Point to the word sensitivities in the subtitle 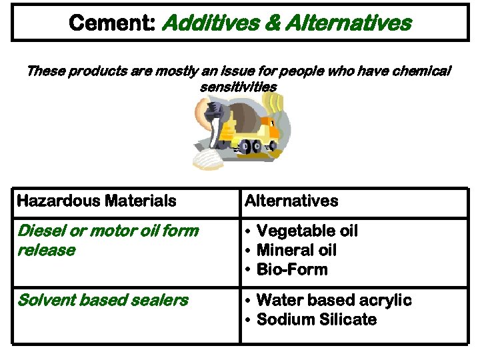(238, 87)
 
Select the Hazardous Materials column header (97, 201)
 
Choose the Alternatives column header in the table (292, 201)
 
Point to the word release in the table (46, 251)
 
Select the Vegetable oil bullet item (307, 231)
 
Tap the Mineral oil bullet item (296, 251)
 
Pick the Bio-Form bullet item (292, 270)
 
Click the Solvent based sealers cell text (103, 300)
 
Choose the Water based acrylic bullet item (333, 300)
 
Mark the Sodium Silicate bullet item (316, 320)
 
